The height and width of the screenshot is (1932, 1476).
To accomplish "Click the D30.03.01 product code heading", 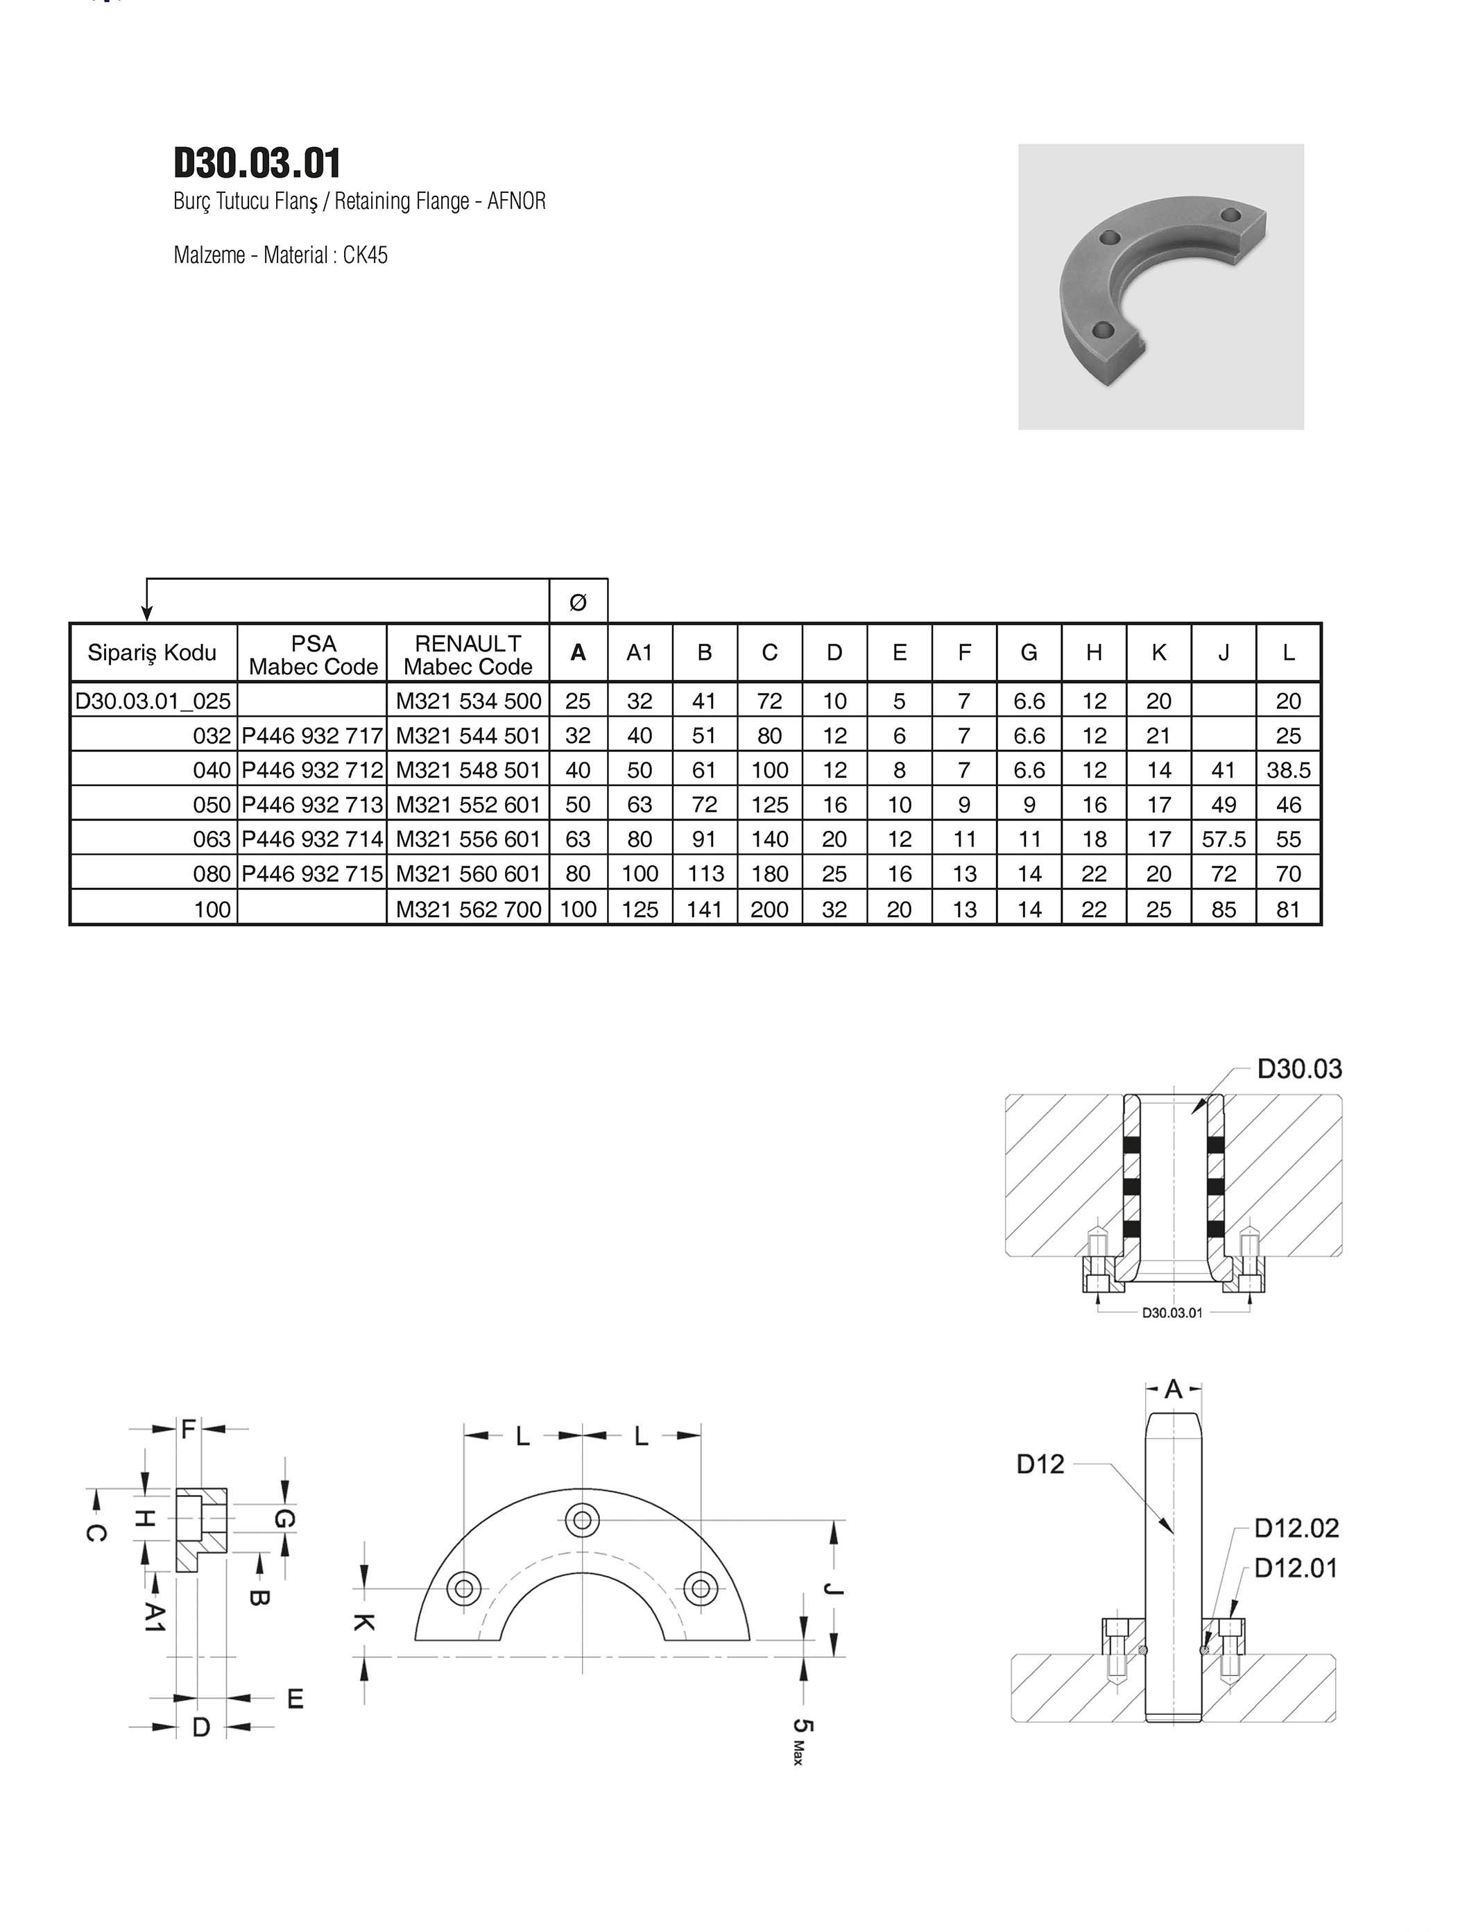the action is pos(257,164).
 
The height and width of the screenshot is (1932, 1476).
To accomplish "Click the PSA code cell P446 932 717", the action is pos(313,735).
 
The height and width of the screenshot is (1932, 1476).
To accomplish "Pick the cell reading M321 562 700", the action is pos(468,909).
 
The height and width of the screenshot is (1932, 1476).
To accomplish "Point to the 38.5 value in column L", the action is pos(1288,771).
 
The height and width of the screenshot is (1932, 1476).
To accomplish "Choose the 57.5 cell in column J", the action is pos(1224,839).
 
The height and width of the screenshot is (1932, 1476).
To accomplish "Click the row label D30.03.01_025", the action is pos(153,701).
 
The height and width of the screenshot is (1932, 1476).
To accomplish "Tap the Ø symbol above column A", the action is pos(578,603).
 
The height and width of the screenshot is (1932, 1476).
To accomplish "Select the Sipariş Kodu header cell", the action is pos(152,653).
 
